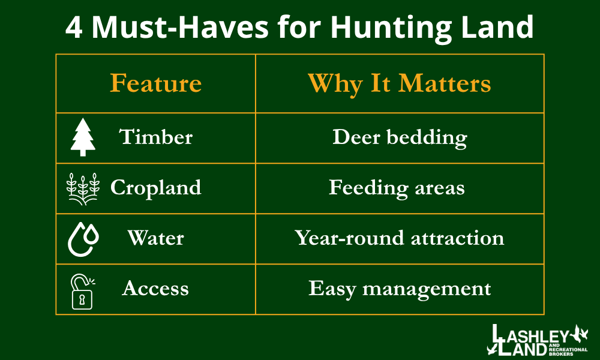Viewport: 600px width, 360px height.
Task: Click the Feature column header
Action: [155, 83]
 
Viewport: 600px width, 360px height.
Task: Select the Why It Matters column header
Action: [399, 83]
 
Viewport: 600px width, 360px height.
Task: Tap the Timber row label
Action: [156, 137]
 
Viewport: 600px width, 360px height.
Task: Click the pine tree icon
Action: [83, 137]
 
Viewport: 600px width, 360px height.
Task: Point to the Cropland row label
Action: [155, 188]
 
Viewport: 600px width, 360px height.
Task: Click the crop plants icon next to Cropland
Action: [83, 188]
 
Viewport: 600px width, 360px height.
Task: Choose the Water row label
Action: [155, 238]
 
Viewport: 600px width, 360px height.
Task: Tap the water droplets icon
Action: [83, 239]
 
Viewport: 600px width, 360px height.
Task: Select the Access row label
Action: [155, 289]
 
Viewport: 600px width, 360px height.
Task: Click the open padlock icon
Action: [82, 290]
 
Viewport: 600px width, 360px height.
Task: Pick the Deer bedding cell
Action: [400, 137]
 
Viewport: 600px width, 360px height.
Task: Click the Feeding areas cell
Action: [397, 188]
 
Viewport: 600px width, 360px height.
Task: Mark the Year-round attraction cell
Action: [399, 238]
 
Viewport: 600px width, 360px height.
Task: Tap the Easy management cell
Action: [400, 289]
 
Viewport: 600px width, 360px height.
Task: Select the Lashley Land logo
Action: [538, 340]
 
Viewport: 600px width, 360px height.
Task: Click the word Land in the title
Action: [500, 27]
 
